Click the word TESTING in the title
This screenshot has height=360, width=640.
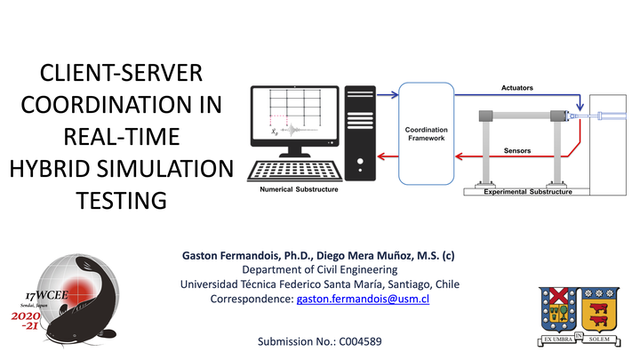click(121, 200)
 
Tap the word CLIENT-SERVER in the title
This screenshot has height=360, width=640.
click(121, 73)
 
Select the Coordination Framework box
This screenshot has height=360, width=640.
click(426, 133)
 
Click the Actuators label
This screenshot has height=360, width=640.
click(517, 88)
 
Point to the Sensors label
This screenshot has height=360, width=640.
click(517, 150)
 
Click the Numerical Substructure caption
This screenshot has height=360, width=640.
click(299, 189)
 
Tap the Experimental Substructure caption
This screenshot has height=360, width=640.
click(528, 192)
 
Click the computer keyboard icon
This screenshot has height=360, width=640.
click(295, 171)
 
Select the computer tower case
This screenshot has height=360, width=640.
click(360, 133)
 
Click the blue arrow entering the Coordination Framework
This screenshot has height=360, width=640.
click(388, 95)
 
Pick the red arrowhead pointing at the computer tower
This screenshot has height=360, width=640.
click(381, 156)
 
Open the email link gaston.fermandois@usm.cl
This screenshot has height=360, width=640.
click(363, 299)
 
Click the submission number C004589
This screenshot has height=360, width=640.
click(360, 341)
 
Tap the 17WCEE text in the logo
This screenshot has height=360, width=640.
click(46, 295)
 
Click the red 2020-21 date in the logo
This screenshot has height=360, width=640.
click(26, 320)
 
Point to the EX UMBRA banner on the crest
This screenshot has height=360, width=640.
click(558, 340)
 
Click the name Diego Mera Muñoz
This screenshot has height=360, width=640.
click(365, 256)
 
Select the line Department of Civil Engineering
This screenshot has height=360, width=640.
click(320, 270)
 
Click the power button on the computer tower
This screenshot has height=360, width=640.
click(360, 161)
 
